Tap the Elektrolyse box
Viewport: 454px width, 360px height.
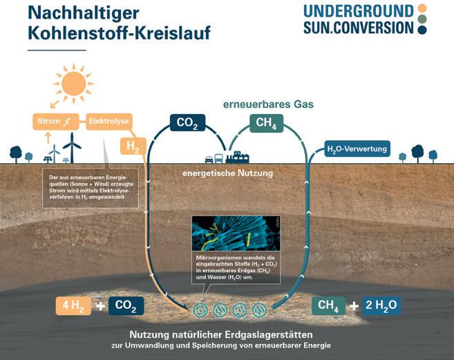pos(108,123)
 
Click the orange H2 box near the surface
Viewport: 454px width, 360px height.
pos(133,146)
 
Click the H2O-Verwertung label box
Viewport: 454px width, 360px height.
pos(357,148)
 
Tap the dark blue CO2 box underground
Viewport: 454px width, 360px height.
pos(125,305)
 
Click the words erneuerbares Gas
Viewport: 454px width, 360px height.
pos(268,104)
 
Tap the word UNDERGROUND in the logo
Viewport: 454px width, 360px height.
pos(358,10)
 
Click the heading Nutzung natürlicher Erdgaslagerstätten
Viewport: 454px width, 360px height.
pos(225,332)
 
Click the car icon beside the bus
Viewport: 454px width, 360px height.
pos(209,160)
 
